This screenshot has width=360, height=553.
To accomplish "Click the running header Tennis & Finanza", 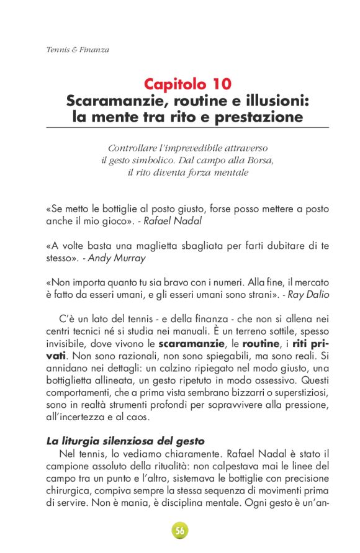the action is (78, 50).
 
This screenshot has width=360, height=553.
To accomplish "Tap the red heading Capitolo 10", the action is (187, 84).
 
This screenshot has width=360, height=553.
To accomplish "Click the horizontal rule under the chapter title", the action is (187, 127).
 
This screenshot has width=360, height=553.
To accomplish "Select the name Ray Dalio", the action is (308, 294).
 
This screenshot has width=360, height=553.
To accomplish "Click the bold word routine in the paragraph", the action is (261, 343).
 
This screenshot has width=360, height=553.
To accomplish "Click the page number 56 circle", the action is (180, 531).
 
